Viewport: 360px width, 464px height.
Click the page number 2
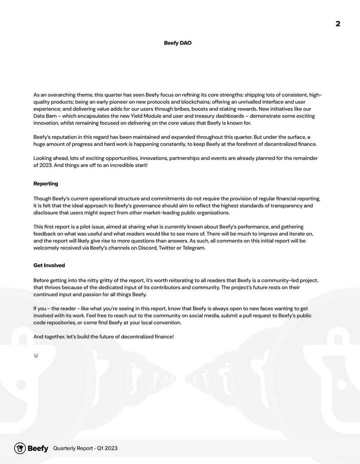338,24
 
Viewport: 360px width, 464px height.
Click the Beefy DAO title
177,43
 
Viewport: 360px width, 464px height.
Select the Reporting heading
45,184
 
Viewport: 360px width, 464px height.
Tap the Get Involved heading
49,265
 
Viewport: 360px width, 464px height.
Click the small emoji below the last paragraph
36,356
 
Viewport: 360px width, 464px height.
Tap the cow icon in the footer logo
20,448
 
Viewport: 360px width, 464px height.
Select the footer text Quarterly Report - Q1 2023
85,449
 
